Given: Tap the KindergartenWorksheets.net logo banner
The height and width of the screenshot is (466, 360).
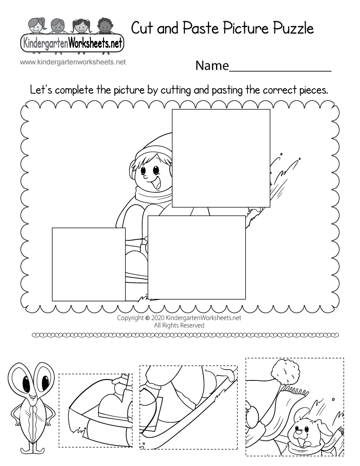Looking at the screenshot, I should coord(72,44).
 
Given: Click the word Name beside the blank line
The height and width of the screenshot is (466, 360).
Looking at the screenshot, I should coord(212,66).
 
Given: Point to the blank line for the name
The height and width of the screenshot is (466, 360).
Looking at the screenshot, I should coord(281,70).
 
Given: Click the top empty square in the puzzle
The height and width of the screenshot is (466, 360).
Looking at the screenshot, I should coord(221,158).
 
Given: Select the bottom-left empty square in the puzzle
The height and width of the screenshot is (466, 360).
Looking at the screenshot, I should coord(89,264).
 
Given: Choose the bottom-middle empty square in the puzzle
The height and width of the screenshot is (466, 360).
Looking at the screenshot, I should coord(197,257).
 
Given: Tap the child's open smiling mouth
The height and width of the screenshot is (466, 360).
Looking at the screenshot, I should coord(158,184).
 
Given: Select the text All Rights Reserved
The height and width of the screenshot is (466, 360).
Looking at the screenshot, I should coord(179,325).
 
